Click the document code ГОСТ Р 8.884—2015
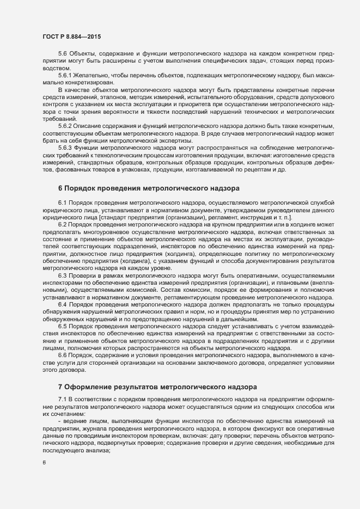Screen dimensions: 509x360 [x=71, y=36]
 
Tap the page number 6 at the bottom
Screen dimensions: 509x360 [x=44, y=463]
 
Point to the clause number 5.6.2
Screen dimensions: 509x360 [x=65, y=126]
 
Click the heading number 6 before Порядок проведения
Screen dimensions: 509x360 [x=60, y=188]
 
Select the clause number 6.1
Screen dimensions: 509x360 [x=62, y=203]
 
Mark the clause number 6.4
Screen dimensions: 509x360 [x=62, y=304]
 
